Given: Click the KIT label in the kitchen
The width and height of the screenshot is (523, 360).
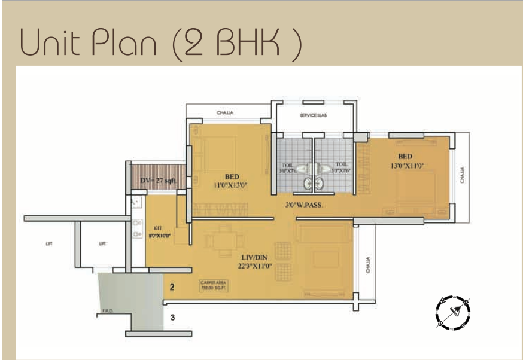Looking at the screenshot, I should pos(158,228).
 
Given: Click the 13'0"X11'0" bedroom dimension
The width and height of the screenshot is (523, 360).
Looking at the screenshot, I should pos(409,166).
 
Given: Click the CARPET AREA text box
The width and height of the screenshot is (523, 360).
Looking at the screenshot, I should pos(214,286).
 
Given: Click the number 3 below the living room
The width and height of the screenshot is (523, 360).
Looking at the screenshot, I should pos(172,318).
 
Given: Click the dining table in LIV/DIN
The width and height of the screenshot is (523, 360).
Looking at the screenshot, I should pos(224,241).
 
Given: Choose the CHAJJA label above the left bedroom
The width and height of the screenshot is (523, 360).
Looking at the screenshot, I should pos(224,112).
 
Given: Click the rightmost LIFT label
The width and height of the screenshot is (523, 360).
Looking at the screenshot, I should pos(103,243).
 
